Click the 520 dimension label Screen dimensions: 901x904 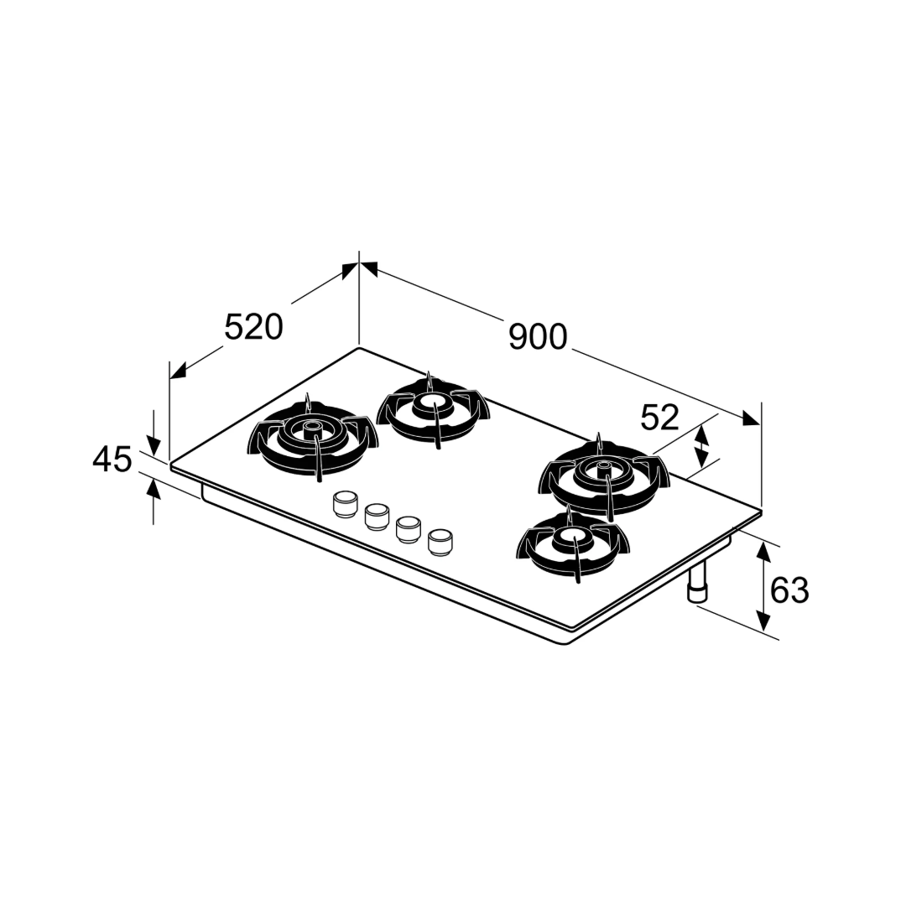(254, 327)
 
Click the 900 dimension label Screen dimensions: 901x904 (539, 337)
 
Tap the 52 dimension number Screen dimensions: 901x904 (660, 418)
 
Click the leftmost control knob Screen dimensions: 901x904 (344, 502)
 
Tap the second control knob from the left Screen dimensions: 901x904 (376, 516)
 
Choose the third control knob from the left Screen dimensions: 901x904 (408, 528)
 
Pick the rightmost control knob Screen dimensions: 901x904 (440, 542)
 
